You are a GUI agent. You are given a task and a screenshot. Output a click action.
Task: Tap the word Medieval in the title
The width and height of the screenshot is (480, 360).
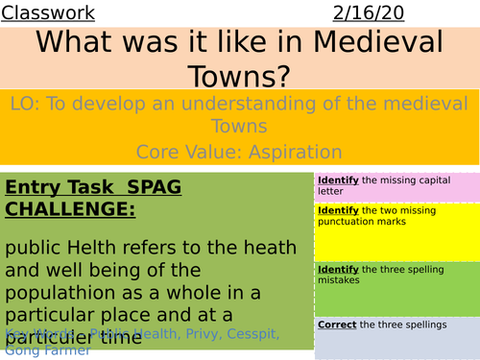[373, 45]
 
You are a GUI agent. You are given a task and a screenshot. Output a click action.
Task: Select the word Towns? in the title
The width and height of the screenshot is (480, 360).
[240, 77]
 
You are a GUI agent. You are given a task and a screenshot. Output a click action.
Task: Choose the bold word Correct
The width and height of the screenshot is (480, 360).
[337, 324]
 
